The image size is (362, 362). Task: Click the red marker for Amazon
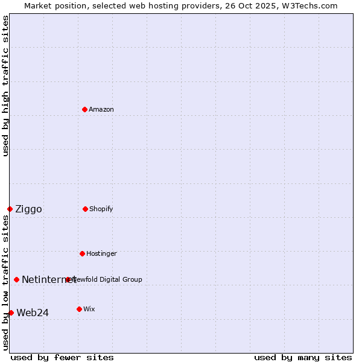[x=84, y=109]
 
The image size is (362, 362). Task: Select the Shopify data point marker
[x=85, y=209]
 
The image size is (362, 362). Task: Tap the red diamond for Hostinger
[x=82, y=253]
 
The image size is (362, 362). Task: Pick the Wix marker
[x=79, y=309]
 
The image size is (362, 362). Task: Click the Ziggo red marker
[x=10, y=209]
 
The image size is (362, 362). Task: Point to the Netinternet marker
[x=16, y=279]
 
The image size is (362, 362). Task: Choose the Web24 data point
[x=11, y=313]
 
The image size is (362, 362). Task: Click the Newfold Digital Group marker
[x=68, y=279]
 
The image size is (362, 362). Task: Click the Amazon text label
[x=101, y=109]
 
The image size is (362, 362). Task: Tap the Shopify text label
[x=101, y=209]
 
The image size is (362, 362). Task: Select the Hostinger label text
[x=101, y=253]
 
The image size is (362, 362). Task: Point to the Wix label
[x=89, y=309]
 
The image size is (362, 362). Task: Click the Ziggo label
[x=28, y=209]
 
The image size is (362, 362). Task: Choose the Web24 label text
[x=33, y=313]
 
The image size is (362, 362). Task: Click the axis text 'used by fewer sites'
[x=62, y=357]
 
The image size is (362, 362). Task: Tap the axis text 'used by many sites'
[x=303, y=357]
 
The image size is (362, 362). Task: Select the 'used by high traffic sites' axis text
[x=5, y=86]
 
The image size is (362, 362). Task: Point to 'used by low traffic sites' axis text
[x=5, y=282]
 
